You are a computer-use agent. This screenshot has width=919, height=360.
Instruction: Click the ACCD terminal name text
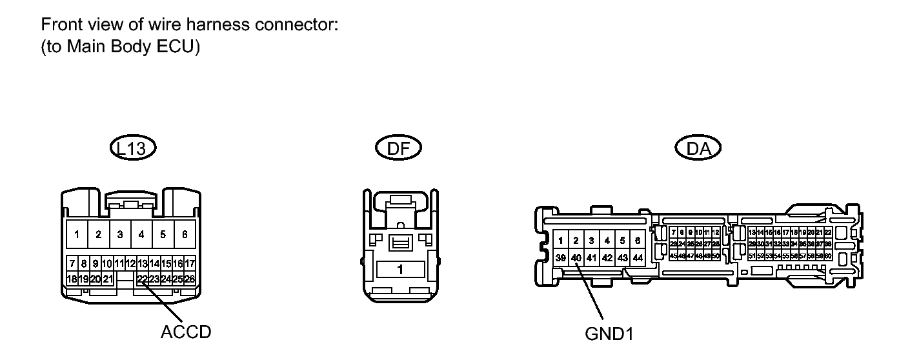186,332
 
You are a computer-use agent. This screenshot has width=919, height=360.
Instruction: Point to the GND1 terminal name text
608,334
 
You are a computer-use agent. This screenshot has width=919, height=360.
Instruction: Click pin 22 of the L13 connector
142,279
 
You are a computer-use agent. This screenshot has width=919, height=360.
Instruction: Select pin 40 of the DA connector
576,257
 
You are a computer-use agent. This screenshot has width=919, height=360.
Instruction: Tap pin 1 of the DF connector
400,269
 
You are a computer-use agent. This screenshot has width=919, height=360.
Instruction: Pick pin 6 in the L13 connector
185,234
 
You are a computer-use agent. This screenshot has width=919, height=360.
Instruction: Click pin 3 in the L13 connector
120,234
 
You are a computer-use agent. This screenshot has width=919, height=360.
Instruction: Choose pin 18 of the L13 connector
72,279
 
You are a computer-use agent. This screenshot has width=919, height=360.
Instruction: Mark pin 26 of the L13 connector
190,279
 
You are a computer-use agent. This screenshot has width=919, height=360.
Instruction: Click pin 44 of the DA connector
638,257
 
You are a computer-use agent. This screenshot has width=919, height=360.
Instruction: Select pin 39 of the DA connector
561,257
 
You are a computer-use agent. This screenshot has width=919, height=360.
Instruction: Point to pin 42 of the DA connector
607,257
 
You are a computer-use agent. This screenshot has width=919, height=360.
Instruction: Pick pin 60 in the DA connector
827,256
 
